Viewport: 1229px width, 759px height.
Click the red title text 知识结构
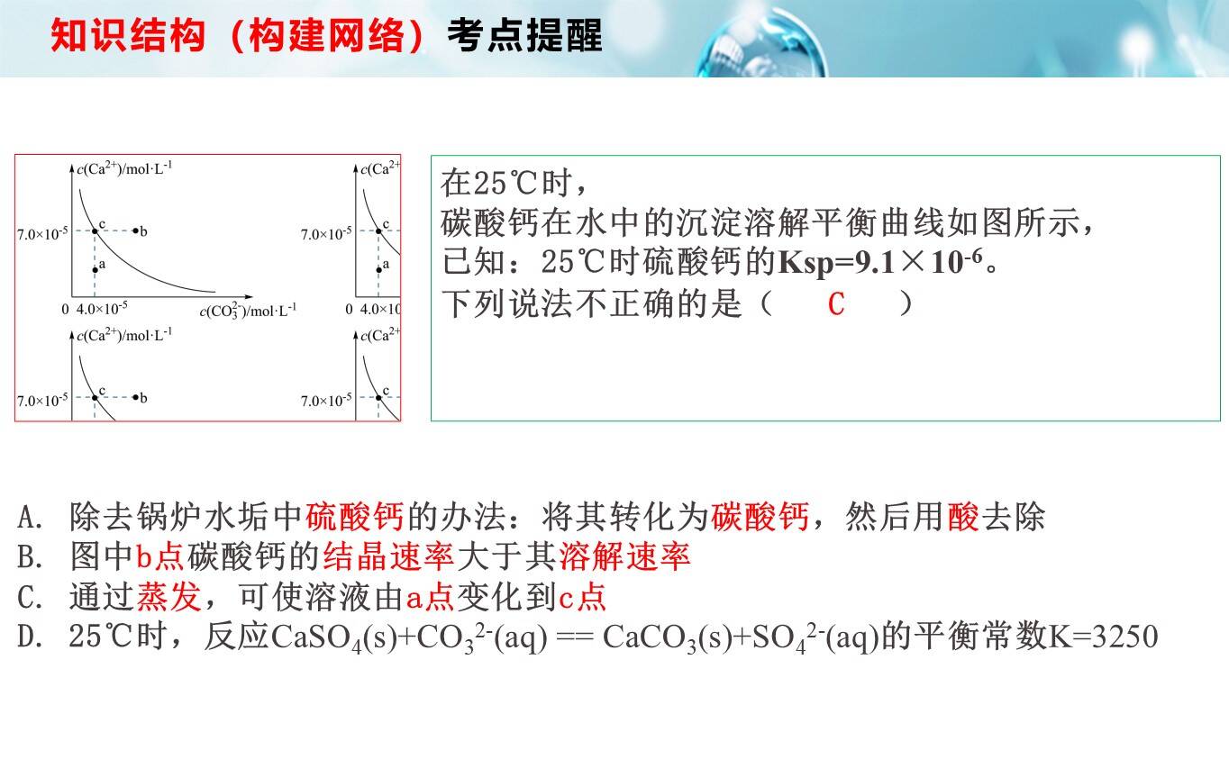coord(128,36)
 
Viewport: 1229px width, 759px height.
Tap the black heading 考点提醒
coord(525,36)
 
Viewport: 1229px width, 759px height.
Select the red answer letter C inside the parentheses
coord(835,304)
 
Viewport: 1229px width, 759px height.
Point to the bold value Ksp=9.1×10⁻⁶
coord(881,262)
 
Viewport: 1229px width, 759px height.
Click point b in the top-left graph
coord(135,230)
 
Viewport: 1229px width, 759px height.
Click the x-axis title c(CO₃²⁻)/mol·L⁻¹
coord(248,311)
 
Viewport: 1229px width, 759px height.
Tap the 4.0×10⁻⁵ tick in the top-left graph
coord(102,308)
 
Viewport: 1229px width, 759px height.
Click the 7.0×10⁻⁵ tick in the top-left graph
coord(42,233)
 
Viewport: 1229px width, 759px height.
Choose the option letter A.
coord(30,517)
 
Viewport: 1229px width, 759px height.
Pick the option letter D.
coord(30,637)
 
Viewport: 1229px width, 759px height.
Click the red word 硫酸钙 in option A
coord(354,517)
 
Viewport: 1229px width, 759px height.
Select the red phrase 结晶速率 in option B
coord(389,556)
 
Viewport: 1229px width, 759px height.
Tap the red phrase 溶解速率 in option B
coord(624,556)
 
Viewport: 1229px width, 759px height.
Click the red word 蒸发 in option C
coord(168,597)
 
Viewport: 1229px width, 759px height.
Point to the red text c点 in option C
coord(583,597)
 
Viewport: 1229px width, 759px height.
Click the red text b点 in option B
coord(160,556)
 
